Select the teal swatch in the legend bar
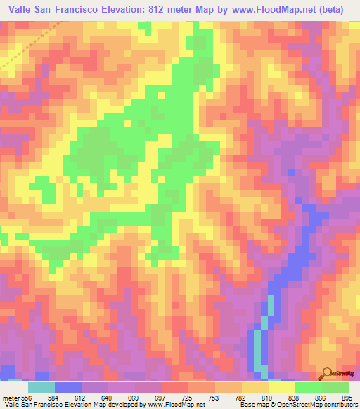point(41,387)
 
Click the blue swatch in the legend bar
point(67,387)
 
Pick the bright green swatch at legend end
point(335,387)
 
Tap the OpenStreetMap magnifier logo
point(328,373)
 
